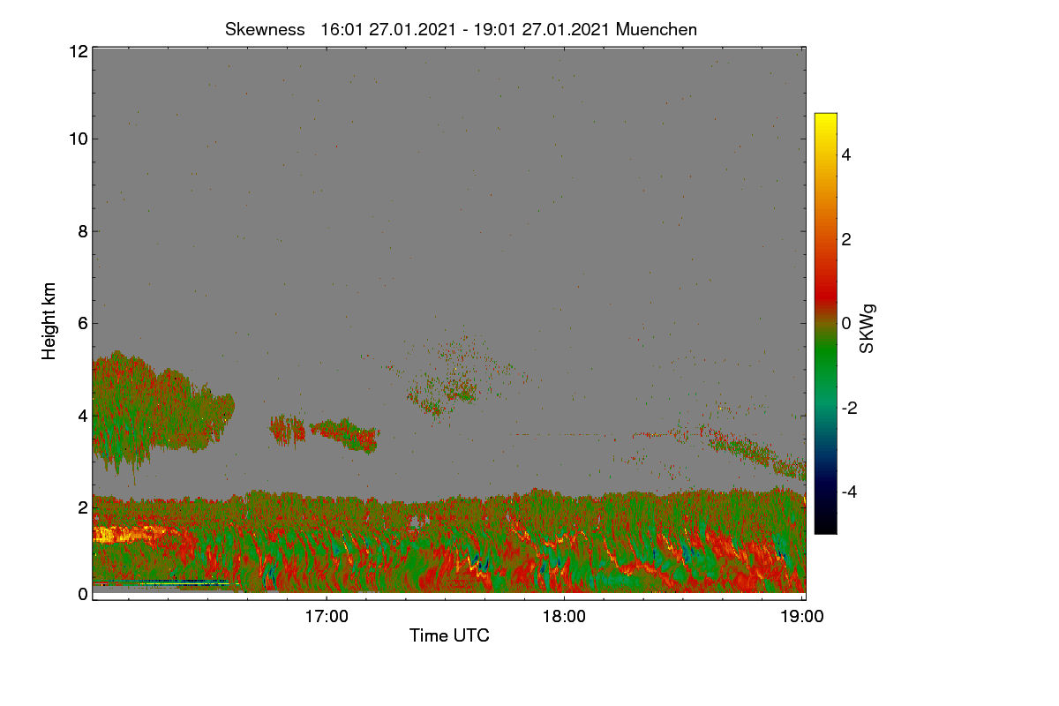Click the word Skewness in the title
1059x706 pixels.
[265, 29]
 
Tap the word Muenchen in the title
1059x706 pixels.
[657, 29]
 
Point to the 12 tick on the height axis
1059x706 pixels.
[79, 51]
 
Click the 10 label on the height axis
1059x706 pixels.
[79, 139]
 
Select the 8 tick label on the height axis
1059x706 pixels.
[83, 231]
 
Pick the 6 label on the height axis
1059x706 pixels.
[83, 324]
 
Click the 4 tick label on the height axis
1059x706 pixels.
[83, 417]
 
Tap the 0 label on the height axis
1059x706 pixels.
[83, 594]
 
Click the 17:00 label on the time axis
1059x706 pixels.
[327, 616]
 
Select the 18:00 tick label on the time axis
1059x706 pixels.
[564, 616]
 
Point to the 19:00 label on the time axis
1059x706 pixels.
[802, 616]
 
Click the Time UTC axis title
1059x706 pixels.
[449, 635]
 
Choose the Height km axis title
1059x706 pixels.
[49, 321]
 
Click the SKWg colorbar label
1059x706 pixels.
[867, 328]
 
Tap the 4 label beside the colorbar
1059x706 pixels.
[846, 154]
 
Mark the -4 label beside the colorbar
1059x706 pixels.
[849, 492]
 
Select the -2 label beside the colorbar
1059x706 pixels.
[849, 408]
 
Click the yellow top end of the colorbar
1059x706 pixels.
[825, 116]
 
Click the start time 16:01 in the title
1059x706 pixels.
[342, 29]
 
